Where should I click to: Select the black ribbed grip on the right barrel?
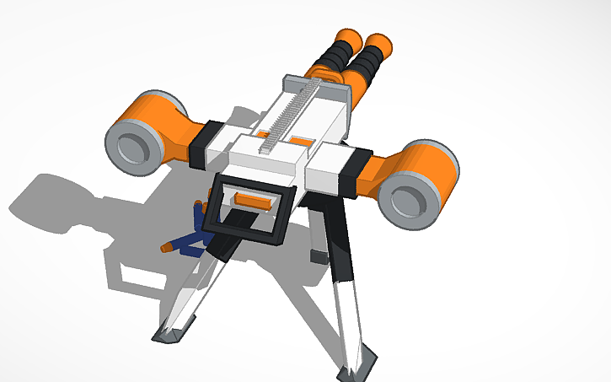pyautogui.click(x=365, y=62)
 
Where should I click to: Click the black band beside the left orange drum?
pyautogui.click(x=207, y=143)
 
